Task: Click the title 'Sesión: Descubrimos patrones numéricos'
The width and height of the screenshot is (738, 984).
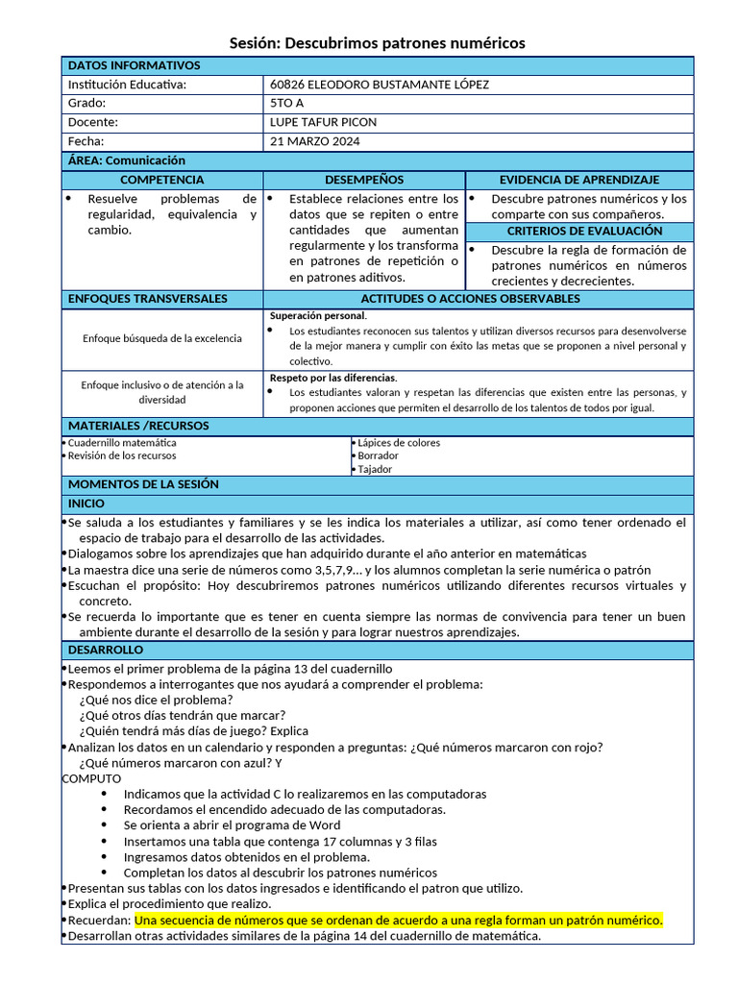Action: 377,43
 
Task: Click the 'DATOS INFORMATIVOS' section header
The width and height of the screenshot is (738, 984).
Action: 134,65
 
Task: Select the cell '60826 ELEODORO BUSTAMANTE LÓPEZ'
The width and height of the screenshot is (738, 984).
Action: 380,85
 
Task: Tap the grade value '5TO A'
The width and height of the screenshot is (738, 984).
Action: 287,103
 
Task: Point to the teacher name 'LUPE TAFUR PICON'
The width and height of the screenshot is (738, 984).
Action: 324,122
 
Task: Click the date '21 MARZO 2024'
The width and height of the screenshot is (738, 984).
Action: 315,141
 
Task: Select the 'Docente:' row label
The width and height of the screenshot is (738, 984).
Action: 93,122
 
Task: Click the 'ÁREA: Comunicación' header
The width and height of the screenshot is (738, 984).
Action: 126,160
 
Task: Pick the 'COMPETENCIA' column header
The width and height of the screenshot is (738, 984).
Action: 161,180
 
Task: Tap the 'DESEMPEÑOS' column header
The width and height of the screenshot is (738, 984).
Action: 364,180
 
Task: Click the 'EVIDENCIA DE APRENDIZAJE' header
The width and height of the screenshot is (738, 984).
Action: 578,180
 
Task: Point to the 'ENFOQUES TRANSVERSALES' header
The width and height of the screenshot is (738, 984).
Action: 147,299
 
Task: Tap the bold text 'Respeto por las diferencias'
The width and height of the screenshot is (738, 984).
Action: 332,378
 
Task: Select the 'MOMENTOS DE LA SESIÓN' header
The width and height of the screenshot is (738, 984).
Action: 143,484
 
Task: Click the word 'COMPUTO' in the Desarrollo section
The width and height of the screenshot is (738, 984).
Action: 91,778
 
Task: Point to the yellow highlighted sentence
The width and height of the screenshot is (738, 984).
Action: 398,920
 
